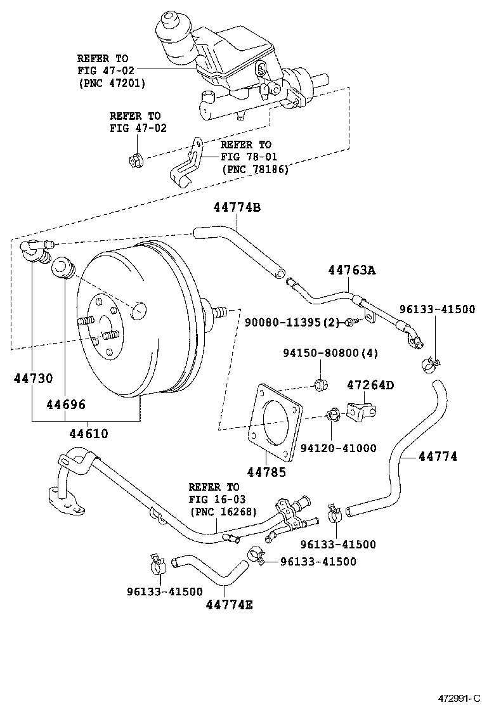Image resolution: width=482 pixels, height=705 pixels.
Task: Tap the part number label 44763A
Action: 351,270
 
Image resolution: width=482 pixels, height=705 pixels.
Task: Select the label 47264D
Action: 370,385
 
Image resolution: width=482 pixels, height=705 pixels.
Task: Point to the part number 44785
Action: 266,472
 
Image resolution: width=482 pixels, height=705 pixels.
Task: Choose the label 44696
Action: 66,404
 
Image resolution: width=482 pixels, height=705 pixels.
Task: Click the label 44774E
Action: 229,605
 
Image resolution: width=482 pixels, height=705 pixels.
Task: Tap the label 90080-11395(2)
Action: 294,322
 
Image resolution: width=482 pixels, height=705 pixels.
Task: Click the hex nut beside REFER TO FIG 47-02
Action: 134,160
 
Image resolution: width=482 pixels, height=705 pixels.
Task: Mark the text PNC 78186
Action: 254,169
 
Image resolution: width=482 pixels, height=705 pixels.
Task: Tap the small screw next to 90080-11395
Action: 351,323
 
